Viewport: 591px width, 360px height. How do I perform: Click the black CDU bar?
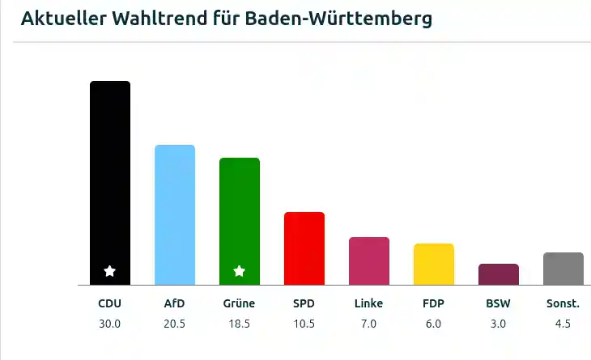[x=110, y=183]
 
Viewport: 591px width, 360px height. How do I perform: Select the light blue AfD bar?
[x=175, y=215]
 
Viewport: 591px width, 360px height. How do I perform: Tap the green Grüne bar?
[x=240, y=222]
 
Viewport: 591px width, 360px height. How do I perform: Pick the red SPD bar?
[x=304, y=248]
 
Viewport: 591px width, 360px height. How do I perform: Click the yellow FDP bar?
[x=434, y=265]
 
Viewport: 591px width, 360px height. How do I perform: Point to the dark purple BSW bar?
[x=499, y=274]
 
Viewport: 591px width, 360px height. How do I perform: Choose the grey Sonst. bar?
[x=563, y=269]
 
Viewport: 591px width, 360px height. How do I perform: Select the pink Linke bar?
[x=369, y=261]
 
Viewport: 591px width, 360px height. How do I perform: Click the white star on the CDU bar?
[x=109, y=271]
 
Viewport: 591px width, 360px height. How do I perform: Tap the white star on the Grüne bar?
[x=240, y=271]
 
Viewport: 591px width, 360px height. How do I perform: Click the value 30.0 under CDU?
[x=109, y=324]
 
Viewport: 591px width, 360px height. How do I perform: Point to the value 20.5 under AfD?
[x=175, y=324]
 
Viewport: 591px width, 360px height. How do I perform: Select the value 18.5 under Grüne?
[x=240, y=324]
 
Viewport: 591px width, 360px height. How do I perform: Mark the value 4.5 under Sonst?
[x=563, y=324]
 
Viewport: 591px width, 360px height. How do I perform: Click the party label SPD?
[x=304, y=303]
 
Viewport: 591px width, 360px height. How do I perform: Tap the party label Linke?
[x=368, y=303]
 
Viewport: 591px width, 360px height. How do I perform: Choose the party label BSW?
[x=498, y=303]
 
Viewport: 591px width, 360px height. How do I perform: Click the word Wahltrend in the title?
[x=159, y=18]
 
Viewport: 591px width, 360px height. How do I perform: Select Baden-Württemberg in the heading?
[x=338, y=19]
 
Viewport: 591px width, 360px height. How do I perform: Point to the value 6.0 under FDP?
[x=433, y=324]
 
